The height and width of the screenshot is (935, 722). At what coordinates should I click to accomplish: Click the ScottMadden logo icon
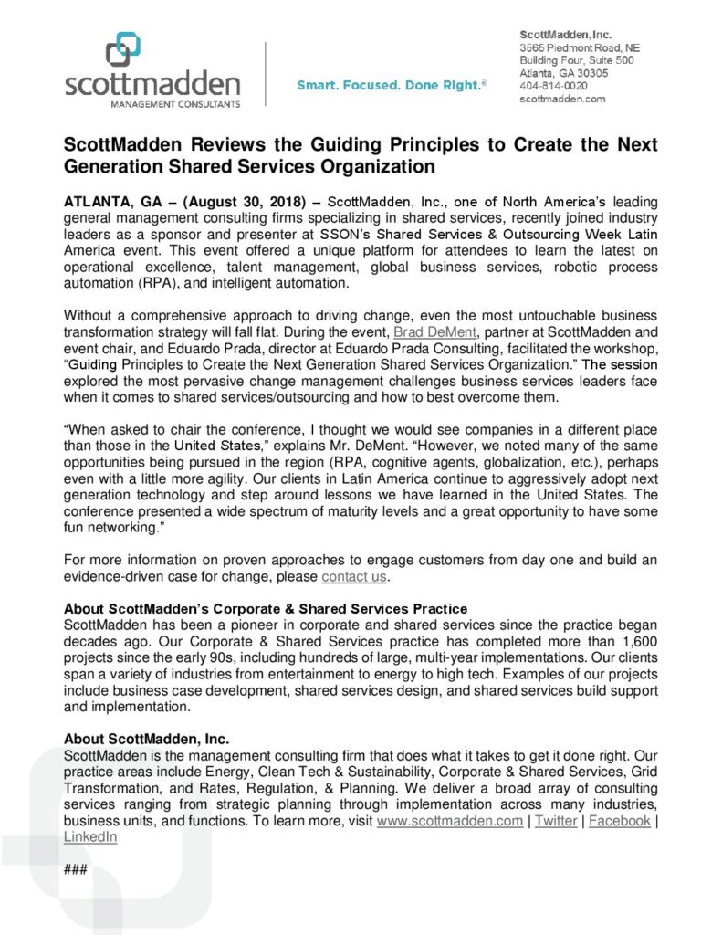click(123, 49)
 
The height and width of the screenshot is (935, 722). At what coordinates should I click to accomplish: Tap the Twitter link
click(556, 821)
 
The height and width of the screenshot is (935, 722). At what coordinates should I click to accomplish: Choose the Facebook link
click(620, 821)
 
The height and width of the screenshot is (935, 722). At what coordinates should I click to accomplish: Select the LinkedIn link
click(90, 835)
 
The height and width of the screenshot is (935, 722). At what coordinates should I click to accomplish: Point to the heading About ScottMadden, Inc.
click(146, 738)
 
